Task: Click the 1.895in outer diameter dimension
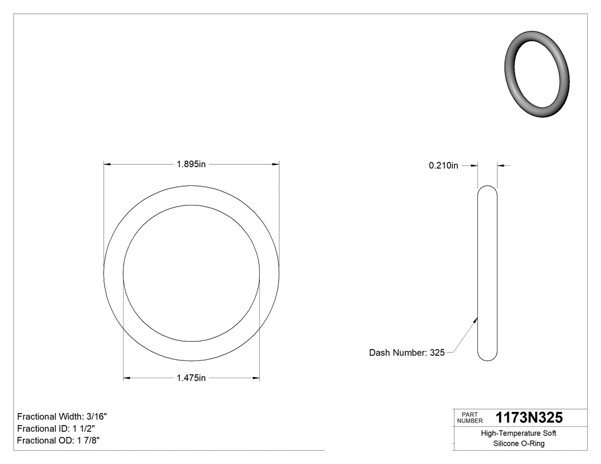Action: click(191, 164)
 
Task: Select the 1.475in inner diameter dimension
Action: click(191, 378)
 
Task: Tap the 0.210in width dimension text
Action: click(444, 166)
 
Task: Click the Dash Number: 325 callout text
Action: click(406, 352)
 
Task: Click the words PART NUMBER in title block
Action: click(470, 417)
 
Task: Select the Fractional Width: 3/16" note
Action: click(62, 417)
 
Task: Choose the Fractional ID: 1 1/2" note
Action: click(56, 429)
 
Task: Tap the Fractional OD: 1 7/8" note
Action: click(59, 440)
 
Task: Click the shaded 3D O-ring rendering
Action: click(537, 74)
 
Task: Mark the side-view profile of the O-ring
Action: click(487, 273)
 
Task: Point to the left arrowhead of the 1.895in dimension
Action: click(107, 164)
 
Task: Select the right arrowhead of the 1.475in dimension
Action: click(256, 378)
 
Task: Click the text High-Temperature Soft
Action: click(519, 434)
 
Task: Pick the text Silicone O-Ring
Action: click(519, 443)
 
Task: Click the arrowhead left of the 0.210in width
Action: click(474, 166)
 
